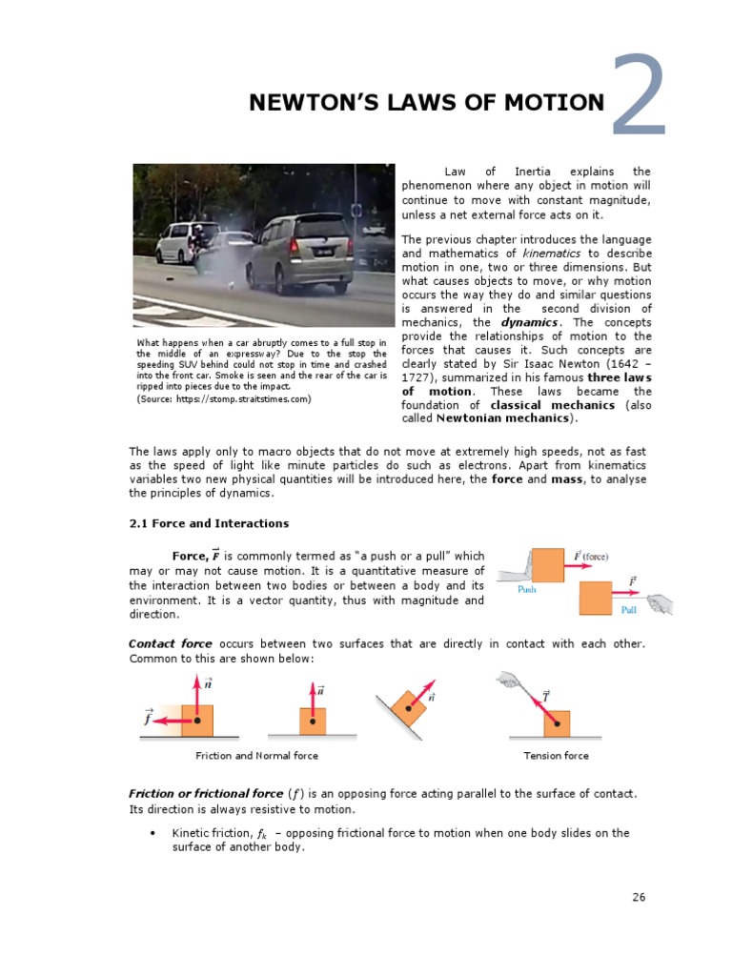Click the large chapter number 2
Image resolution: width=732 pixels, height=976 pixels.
[x=638, y=96]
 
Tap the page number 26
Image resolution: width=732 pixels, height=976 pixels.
[x=639, y=897]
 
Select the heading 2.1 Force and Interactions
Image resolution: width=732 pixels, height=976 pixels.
[x=209, y=523]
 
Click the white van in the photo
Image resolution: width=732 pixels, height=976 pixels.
[x=180, y=242]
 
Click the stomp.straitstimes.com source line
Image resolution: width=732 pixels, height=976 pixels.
[x=224, y=398]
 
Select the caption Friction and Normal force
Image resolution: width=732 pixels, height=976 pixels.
[x=256, y=756]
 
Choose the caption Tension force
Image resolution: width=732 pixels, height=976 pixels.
[x=556, y=756]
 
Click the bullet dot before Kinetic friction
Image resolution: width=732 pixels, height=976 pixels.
[x=152, y=833]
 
